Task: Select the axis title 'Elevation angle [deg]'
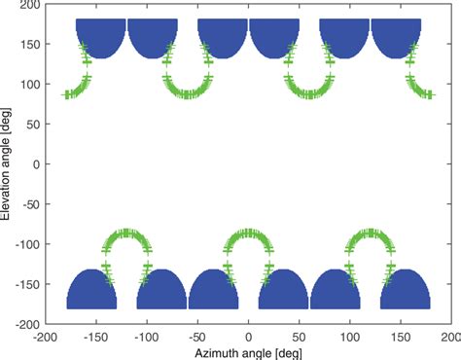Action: click(x=8, y=164)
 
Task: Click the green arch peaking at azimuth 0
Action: click(x=249, y=234)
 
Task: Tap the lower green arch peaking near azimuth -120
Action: click(x=127, y=234)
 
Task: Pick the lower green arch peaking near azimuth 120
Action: click(x=371, y=234)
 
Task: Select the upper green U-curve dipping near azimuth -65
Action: click(x=183, y=93)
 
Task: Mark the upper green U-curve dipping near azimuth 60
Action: click(x=309, y=93)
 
